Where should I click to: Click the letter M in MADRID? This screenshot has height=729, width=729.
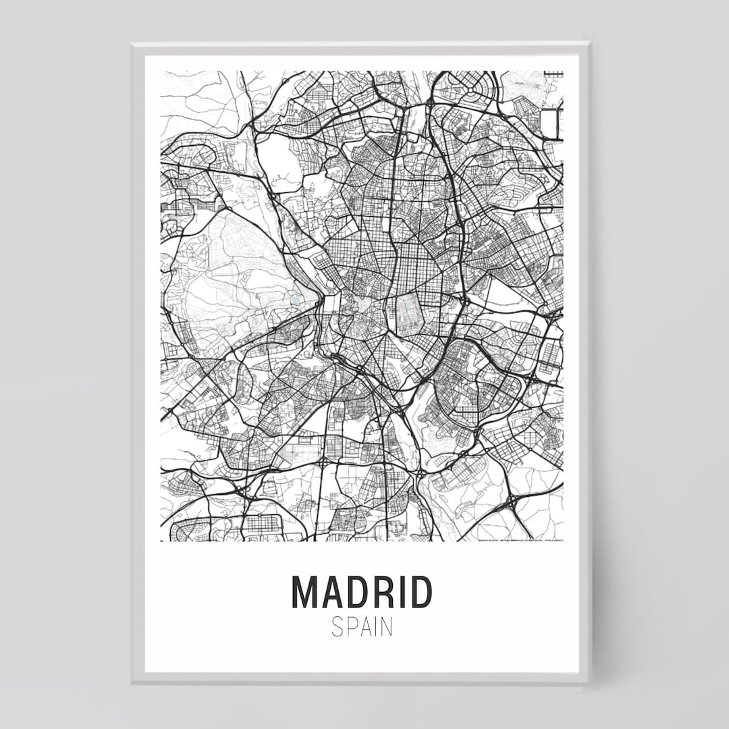coord(304,592)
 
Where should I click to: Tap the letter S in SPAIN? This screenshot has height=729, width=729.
coord(337,627)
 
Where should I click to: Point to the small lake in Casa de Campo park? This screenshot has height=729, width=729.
coord(296,296)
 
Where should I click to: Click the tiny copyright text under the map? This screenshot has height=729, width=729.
coord(520,540)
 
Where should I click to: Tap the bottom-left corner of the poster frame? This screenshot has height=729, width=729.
coord(133,681)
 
